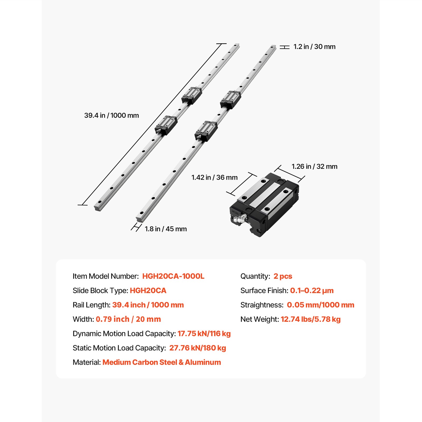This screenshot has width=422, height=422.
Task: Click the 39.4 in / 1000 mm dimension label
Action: [x=111, y=116]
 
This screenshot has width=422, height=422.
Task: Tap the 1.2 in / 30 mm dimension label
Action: [x=314, y=47]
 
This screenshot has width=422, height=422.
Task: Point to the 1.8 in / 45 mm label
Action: [x=166, y=229]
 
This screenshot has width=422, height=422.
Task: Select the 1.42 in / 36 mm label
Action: [x=214, y=178]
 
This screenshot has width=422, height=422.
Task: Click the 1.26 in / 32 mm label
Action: [x=314, y=166]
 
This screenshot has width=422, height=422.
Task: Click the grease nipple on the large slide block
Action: [x=239, y=219]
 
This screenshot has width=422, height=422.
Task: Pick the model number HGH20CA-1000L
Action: [x=173, y=276]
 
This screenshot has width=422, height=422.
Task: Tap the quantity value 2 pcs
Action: [x=283, y=276]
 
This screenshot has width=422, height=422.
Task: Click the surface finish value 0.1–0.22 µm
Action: [x=312, y=291]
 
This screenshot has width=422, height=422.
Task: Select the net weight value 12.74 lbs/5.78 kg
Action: [x=311, y=319]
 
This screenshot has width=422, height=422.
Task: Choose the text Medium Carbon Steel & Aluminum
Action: [x=162, y=362]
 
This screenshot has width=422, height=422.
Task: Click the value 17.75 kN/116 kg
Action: [x=204, y=334]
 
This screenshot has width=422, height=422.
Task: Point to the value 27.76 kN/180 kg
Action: [x=198, y=348]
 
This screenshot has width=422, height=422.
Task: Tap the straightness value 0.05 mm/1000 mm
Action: [x=320, y=305]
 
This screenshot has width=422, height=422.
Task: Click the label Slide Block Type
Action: [x=100, y=291]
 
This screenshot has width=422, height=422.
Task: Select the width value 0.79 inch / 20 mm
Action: [x=128, y=319]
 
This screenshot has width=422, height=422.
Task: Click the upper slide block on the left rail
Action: [x=192, y=95]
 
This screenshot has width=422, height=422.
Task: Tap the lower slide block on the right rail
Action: [x=206, y=131]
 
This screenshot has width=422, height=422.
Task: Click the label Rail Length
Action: [x=92, y=305]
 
